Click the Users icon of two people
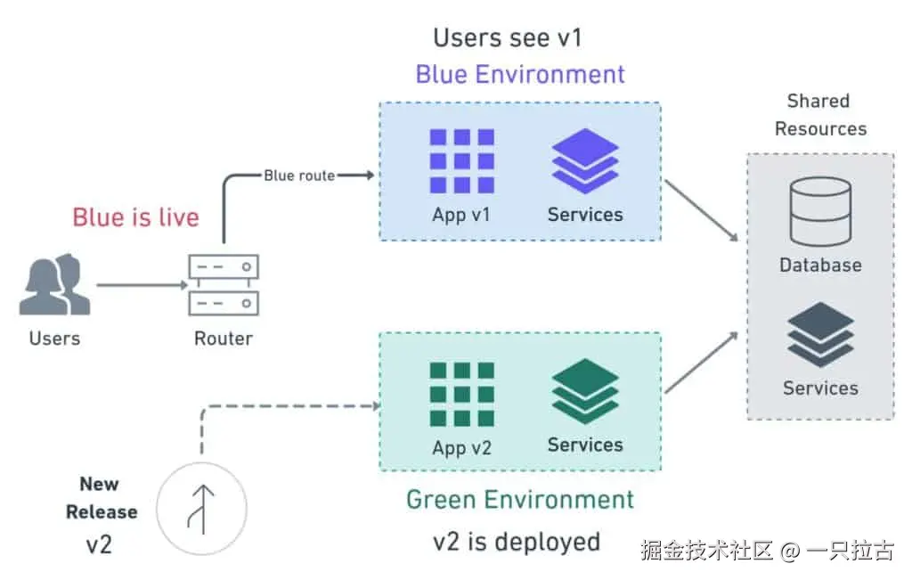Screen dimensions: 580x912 pos(54,285)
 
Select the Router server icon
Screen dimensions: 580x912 pos(223,285)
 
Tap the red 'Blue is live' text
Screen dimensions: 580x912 pos(135,217)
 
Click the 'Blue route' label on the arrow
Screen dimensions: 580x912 pos(299,176)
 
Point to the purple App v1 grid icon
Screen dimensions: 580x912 pos(461,160)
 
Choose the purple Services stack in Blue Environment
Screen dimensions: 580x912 pos(585,160)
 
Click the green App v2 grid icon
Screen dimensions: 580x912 pos(461,394)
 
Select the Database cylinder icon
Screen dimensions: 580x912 pos(820,212)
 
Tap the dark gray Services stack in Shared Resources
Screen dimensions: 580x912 pos(820,334)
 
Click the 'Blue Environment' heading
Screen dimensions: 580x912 pos(520,74)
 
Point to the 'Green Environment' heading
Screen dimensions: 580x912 pos(520,500)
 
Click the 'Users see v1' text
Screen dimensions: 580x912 pos(508,37)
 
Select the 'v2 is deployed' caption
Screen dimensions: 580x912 pos(517,541)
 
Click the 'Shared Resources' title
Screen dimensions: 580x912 pos(819,115)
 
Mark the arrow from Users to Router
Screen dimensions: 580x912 pos(141,285)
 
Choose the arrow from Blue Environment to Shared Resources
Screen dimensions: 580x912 pos(702,210)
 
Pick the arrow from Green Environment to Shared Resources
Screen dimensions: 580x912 pos(702,363)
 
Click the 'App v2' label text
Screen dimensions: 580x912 pos(461,448)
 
